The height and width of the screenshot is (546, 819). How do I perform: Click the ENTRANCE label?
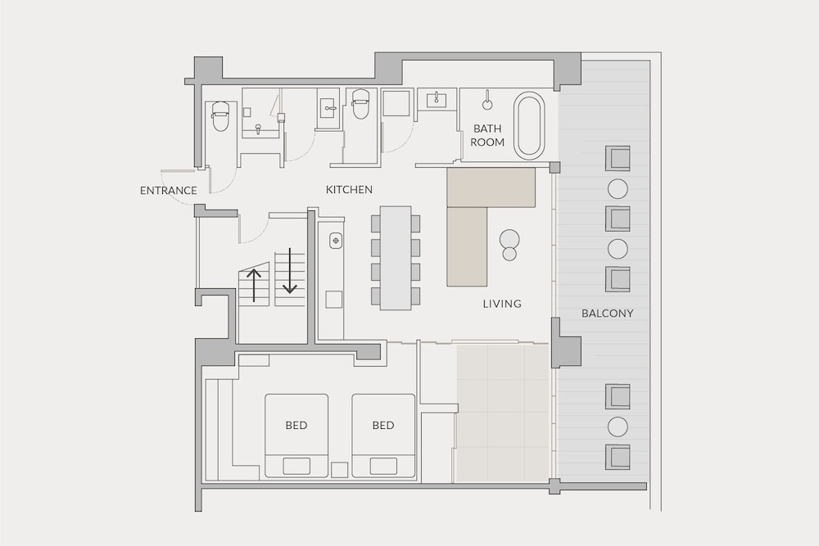(168, 191)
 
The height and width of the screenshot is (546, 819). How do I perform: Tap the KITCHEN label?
(349, 189)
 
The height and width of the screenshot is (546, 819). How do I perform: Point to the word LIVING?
(502, 303)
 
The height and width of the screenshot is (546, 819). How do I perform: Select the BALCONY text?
(608, 314)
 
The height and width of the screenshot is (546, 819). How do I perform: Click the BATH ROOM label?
(487, 135)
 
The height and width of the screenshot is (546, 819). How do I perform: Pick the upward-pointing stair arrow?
(254, 285)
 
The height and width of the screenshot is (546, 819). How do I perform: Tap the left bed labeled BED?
(296, 435)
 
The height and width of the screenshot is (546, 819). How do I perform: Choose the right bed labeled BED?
(383, 435)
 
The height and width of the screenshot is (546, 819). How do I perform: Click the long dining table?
(396, 257)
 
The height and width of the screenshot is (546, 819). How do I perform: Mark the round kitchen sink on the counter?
(335, 241)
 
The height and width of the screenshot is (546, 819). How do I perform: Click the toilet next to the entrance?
(219, 116)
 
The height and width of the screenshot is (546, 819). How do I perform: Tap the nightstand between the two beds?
(340, 470)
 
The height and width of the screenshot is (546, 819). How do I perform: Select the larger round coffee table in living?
(509, 239)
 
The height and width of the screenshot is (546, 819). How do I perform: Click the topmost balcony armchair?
(618, 159)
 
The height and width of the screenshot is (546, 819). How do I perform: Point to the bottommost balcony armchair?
(618, 457)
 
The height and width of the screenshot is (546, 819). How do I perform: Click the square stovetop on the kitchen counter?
(334, 300)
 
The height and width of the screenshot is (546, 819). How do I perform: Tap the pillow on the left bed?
(296, 466)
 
